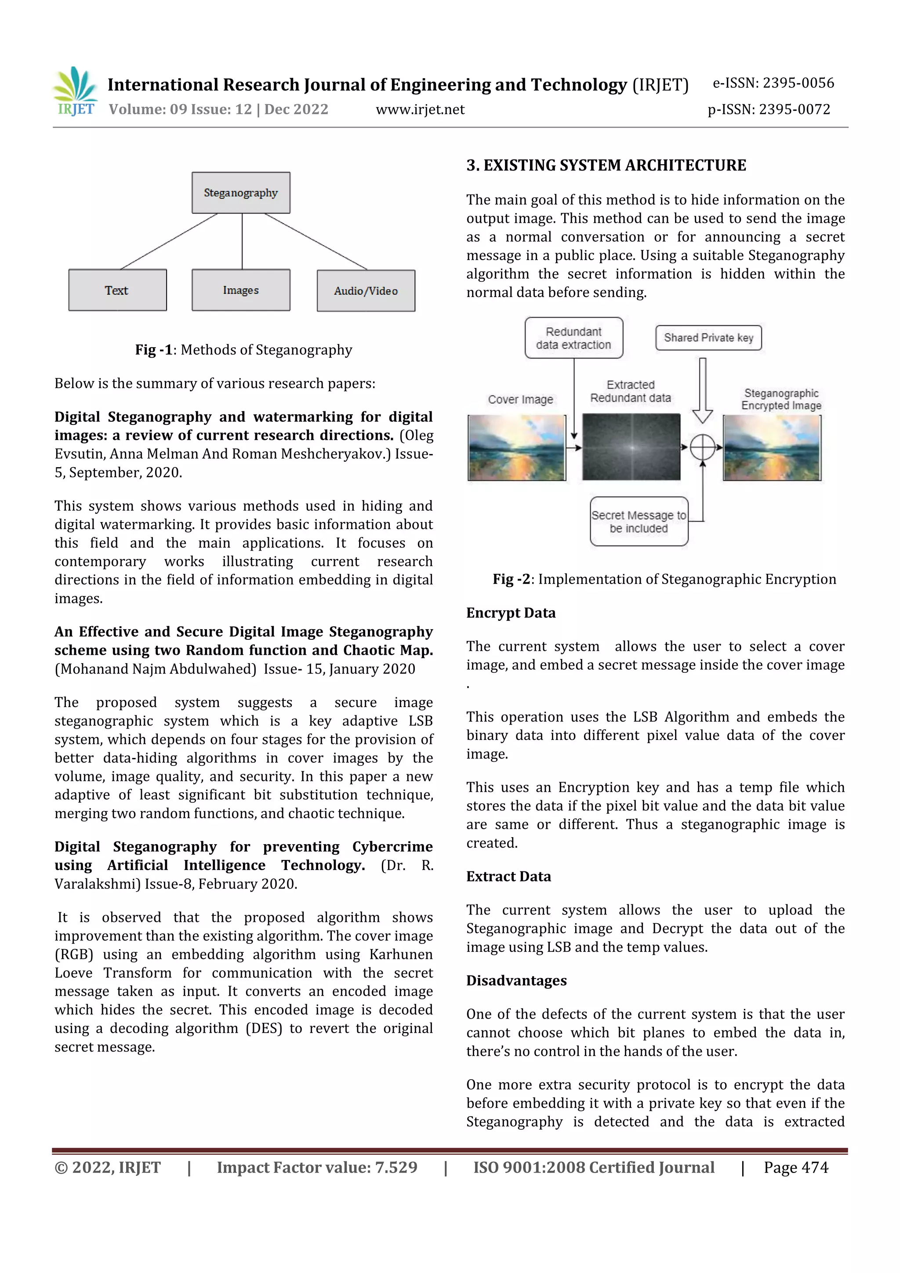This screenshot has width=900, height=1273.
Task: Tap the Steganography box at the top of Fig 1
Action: click(241, 193)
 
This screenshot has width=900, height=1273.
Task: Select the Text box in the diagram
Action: click(117, 290)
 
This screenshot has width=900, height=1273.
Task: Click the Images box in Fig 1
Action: click(241, 290)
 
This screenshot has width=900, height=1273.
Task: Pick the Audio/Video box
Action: click(366, 291)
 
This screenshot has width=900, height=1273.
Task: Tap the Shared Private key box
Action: click(708, 337)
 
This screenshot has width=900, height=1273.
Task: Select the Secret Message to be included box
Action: click(639, 522)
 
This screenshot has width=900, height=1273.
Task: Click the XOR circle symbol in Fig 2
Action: click(703, 447)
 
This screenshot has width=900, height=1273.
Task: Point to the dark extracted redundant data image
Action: click(631, 447)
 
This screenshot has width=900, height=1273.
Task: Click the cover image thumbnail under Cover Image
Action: click(517, 447)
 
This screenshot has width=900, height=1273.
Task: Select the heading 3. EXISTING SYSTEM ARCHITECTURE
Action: click(606, 165)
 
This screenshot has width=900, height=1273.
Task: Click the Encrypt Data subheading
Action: click(511, 613)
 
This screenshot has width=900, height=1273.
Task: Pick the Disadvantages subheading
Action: click(516, 980)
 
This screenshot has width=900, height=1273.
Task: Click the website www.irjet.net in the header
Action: click(420, 110)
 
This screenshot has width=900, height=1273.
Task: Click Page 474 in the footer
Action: click(796, 1168)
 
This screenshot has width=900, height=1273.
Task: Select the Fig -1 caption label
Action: click(154, 350)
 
